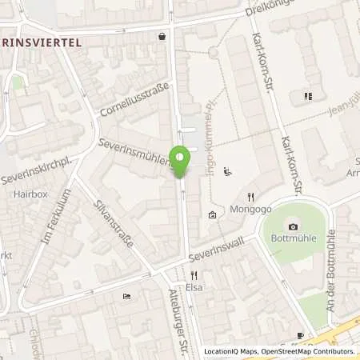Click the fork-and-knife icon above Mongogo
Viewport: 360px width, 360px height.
(x=250, y=197)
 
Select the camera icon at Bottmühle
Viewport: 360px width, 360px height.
(x=294, y=226)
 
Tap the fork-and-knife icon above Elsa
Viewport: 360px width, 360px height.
(x=192, y=274)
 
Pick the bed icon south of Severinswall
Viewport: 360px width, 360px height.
(x=127, y=298)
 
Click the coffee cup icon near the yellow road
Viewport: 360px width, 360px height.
(x=300, y=335)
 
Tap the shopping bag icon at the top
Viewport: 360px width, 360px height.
(x=162, y=36)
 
